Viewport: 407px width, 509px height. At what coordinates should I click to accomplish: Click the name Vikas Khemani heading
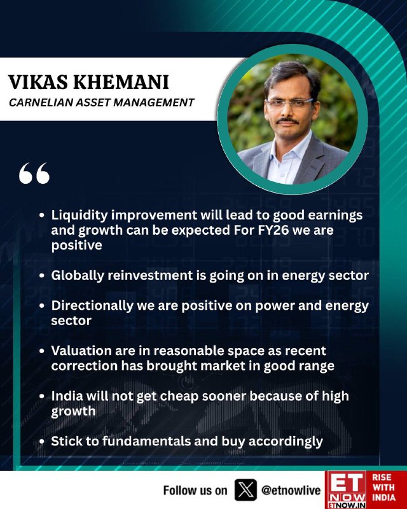click(x=88, y=82)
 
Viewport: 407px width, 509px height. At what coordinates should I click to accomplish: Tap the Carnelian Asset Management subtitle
click(x=102, y=102)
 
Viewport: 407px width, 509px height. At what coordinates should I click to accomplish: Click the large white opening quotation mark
click(x=34, y=173)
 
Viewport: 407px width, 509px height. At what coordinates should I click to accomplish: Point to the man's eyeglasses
click(x=289, y=104)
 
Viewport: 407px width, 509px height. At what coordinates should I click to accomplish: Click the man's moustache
click(x=287, y=121)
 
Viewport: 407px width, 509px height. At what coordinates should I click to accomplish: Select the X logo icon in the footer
click(x=245, y=490)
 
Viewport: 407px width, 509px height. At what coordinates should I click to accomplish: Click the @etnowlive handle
click(x=291, y=490)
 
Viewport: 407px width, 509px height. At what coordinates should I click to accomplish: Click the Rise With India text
click(x=383, y=487)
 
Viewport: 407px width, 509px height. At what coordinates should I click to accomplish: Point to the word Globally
click(x=77, y=276)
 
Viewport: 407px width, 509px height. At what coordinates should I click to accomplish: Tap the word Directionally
click(x=92, y=306)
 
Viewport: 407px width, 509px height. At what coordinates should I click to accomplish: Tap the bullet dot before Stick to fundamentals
click(x=41, y=442)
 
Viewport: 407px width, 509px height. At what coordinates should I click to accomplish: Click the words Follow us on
click(x=195, y=490)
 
